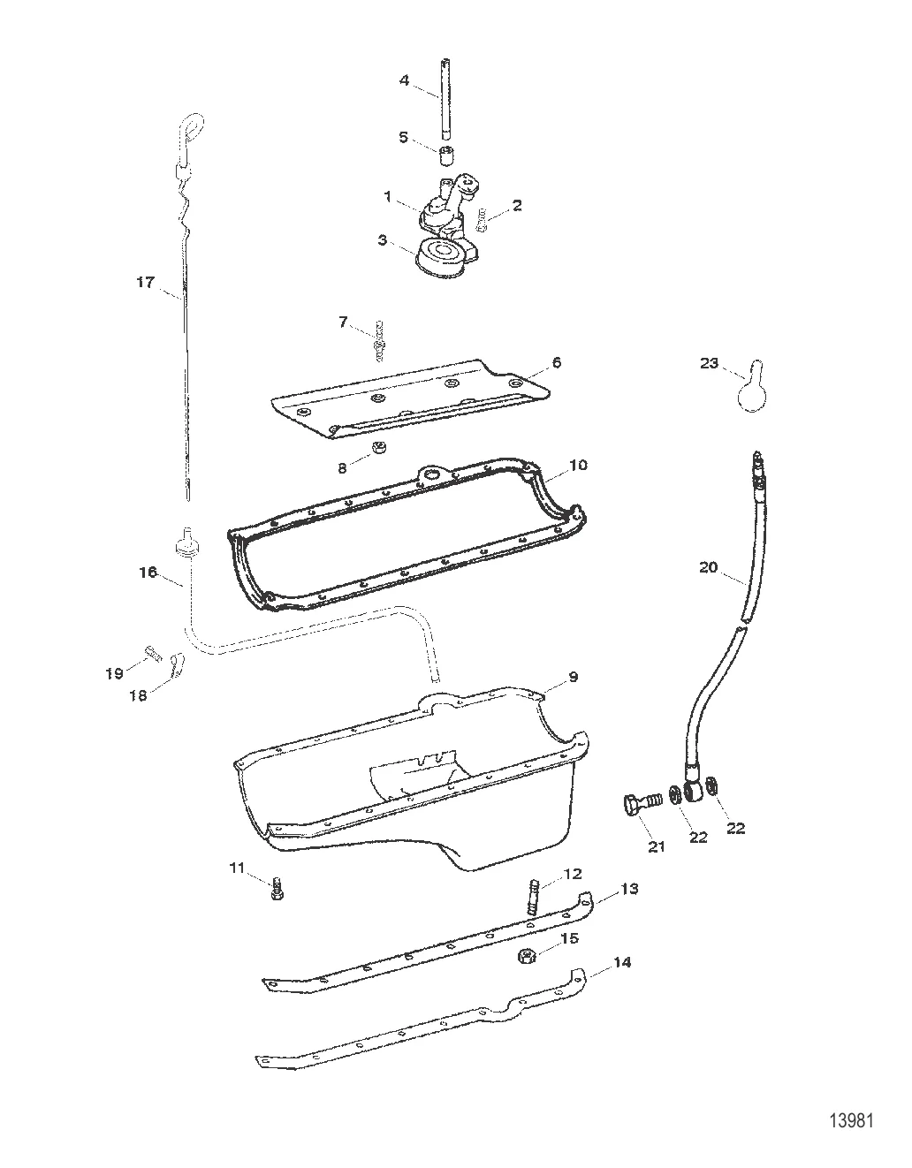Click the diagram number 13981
point(850,1120)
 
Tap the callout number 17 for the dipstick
point(145,283)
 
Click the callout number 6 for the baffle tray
point(557,362)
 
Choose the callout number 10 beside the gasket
point(579,465)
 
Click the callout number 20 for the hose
point(709,567)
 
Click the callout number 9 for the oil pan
point(574,677)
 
